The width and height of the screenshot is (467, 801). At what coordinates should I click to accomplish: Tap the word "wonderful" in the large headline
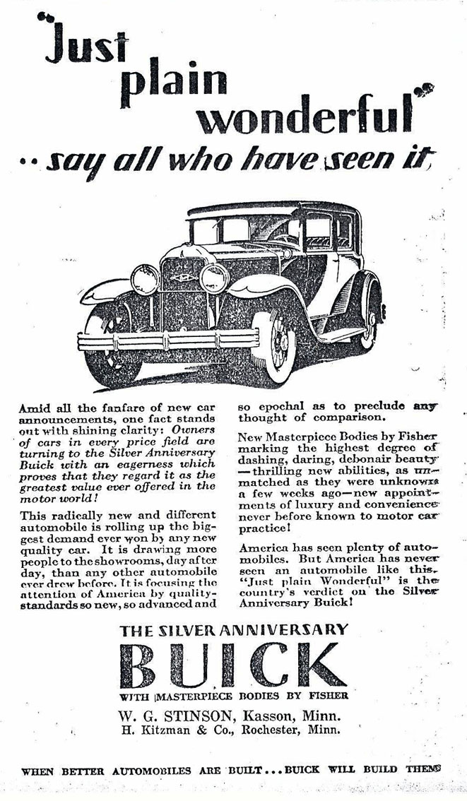pyautogui.click(x=305, y=117)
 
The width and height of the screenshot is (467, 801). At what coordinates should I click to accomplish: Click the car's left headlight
pyautogui.click(x=144, y=280)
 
